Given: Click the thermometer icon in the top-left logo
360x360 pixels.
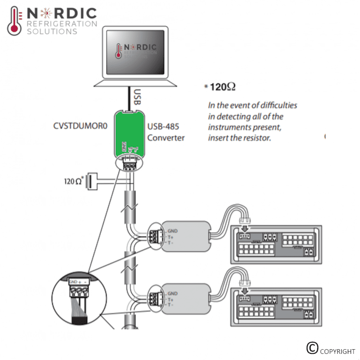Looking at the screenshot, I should coord(15,21).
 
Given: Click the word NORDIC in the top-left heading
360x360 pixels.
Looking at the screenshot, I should coord(61,13).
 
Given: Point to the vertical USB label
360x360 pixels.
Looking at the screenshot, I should coord(137,97).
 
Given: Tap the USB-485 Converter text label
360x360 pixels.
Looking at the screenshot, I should coord(166,132).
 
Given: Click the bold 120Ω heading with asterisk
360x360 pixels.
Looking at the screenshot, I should coord(221,87).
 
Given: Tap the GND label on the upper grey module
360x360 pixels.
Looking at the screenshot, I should coord(172,231).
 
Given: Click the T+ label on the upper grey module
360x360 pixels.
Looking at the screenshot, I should coord(171,238).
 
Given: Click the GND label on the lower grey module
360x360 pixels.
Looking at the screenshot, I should coord(172,293).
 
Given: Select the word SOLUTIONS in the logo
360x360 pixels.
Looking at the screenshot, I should coord(52,31).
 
